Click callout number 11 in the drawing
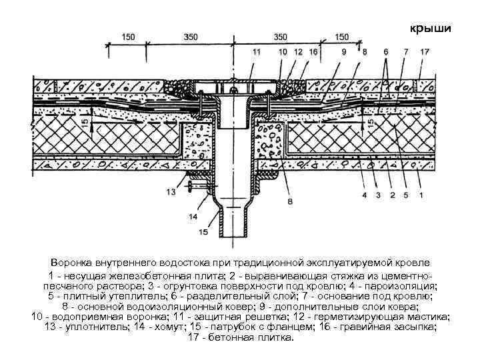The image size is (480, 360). pos(257,51)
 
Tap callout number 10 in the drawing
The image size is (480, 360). pos(283,51)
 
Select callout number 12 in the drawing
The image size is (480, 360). pos(298,51)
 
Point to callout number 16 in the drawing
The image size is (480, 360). pos(313,51)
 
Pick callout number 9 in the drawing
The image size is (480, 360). pos(344,51)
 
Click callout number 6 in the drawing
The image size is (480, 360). pos(385,51)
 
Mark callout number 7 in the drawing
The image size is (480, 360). pos(406,51)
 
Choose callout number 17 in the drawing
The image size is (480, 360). pos(425,51)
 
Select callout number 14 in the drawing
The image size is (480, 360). pos(193,217)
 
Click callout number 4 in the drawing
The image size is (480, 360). pos(364,196)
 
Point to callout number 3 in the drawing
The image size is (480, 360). pos(377,196)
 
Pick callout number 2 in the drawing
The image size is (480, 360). pos(392,196)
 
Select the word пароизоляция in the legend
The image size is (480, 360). pos(407,285)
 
